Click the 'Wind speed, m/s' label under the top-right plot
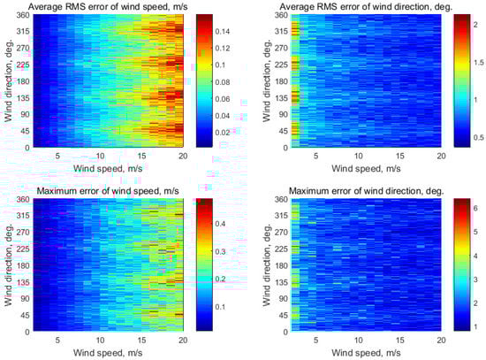368,166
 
